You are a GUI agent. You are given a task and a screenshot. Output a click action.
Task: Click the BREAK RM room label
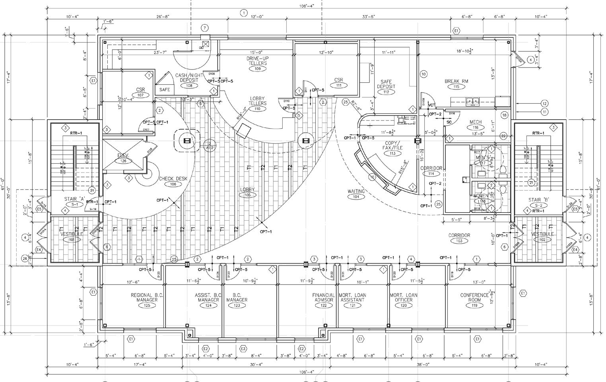456,81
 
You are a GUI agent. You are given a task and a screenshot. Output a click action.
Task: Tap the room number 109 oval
257,69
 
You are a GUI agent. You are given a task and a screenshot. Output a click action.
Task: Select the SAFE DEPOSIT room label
386,84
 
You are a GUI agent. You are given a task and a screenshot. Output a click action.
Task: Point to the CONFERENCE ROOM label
474,297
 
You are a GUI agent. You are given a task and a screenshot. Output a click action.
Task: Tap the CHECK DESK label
173,178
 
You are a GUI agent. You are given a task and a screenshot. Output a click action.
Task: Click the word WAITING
356,191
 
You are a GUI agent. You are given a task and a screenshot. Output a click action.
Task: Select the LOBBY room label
247,190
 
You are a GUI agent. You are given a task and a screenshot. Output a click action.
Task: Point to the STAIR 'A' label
75,199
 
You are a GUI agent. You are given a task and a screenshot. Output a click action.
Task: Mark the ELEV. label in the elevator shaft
123,155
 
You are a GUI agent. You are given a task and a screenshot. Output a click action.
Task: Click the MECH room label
475,122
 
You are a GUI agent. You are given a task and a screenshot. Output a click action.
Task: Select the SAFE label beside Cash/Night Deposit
165,89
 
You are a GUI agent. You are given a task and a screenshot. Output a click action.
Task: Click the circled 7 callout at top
204,28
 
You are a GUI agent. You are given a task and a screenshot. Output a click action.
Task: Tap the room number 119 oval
474,305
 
